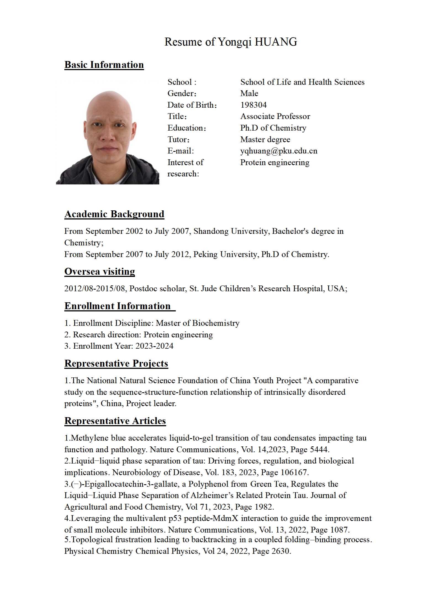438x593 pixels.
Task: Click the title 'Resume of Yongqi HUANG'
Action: click(x=231, y=42)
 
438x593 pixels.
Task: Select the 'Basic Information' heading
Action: click(x=104, y=65)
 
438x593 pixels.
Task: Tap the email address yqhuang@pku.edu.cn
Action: click(x=279, y=151)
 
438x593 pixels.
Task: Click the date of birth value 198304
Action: click(x=253, y=105)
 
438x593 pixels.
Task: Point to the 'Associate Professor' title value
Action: click(x=275, y=116)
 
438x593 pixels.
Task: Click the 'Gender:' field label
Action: click(x=182, y=93)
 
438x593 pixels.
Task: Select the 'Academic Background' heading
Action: click(x=114, y=214)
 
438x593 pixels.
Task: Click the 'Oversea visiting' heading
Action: click(x=100, y=272)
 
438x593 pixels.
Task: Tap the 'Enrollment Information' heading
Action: click(x=118, y=306)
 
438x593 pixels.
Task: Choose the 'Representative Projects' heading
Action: click(x=116, y=364)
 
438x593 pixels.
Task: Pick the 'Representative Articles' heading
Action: click(x=115, y=421)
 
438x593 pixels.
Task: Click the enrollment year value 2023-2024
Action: click(x=154, y=346)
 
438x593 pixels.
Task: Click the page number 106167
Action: click(x=294, y=472)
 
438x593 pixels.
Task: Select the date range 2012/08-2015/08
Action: click(x=95, y=288)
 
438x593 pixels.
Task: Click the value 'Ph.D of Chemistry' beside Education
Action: click(x=273, y=128)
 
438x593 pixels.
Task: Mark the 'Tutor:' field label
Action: click(x=178, y=139)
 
